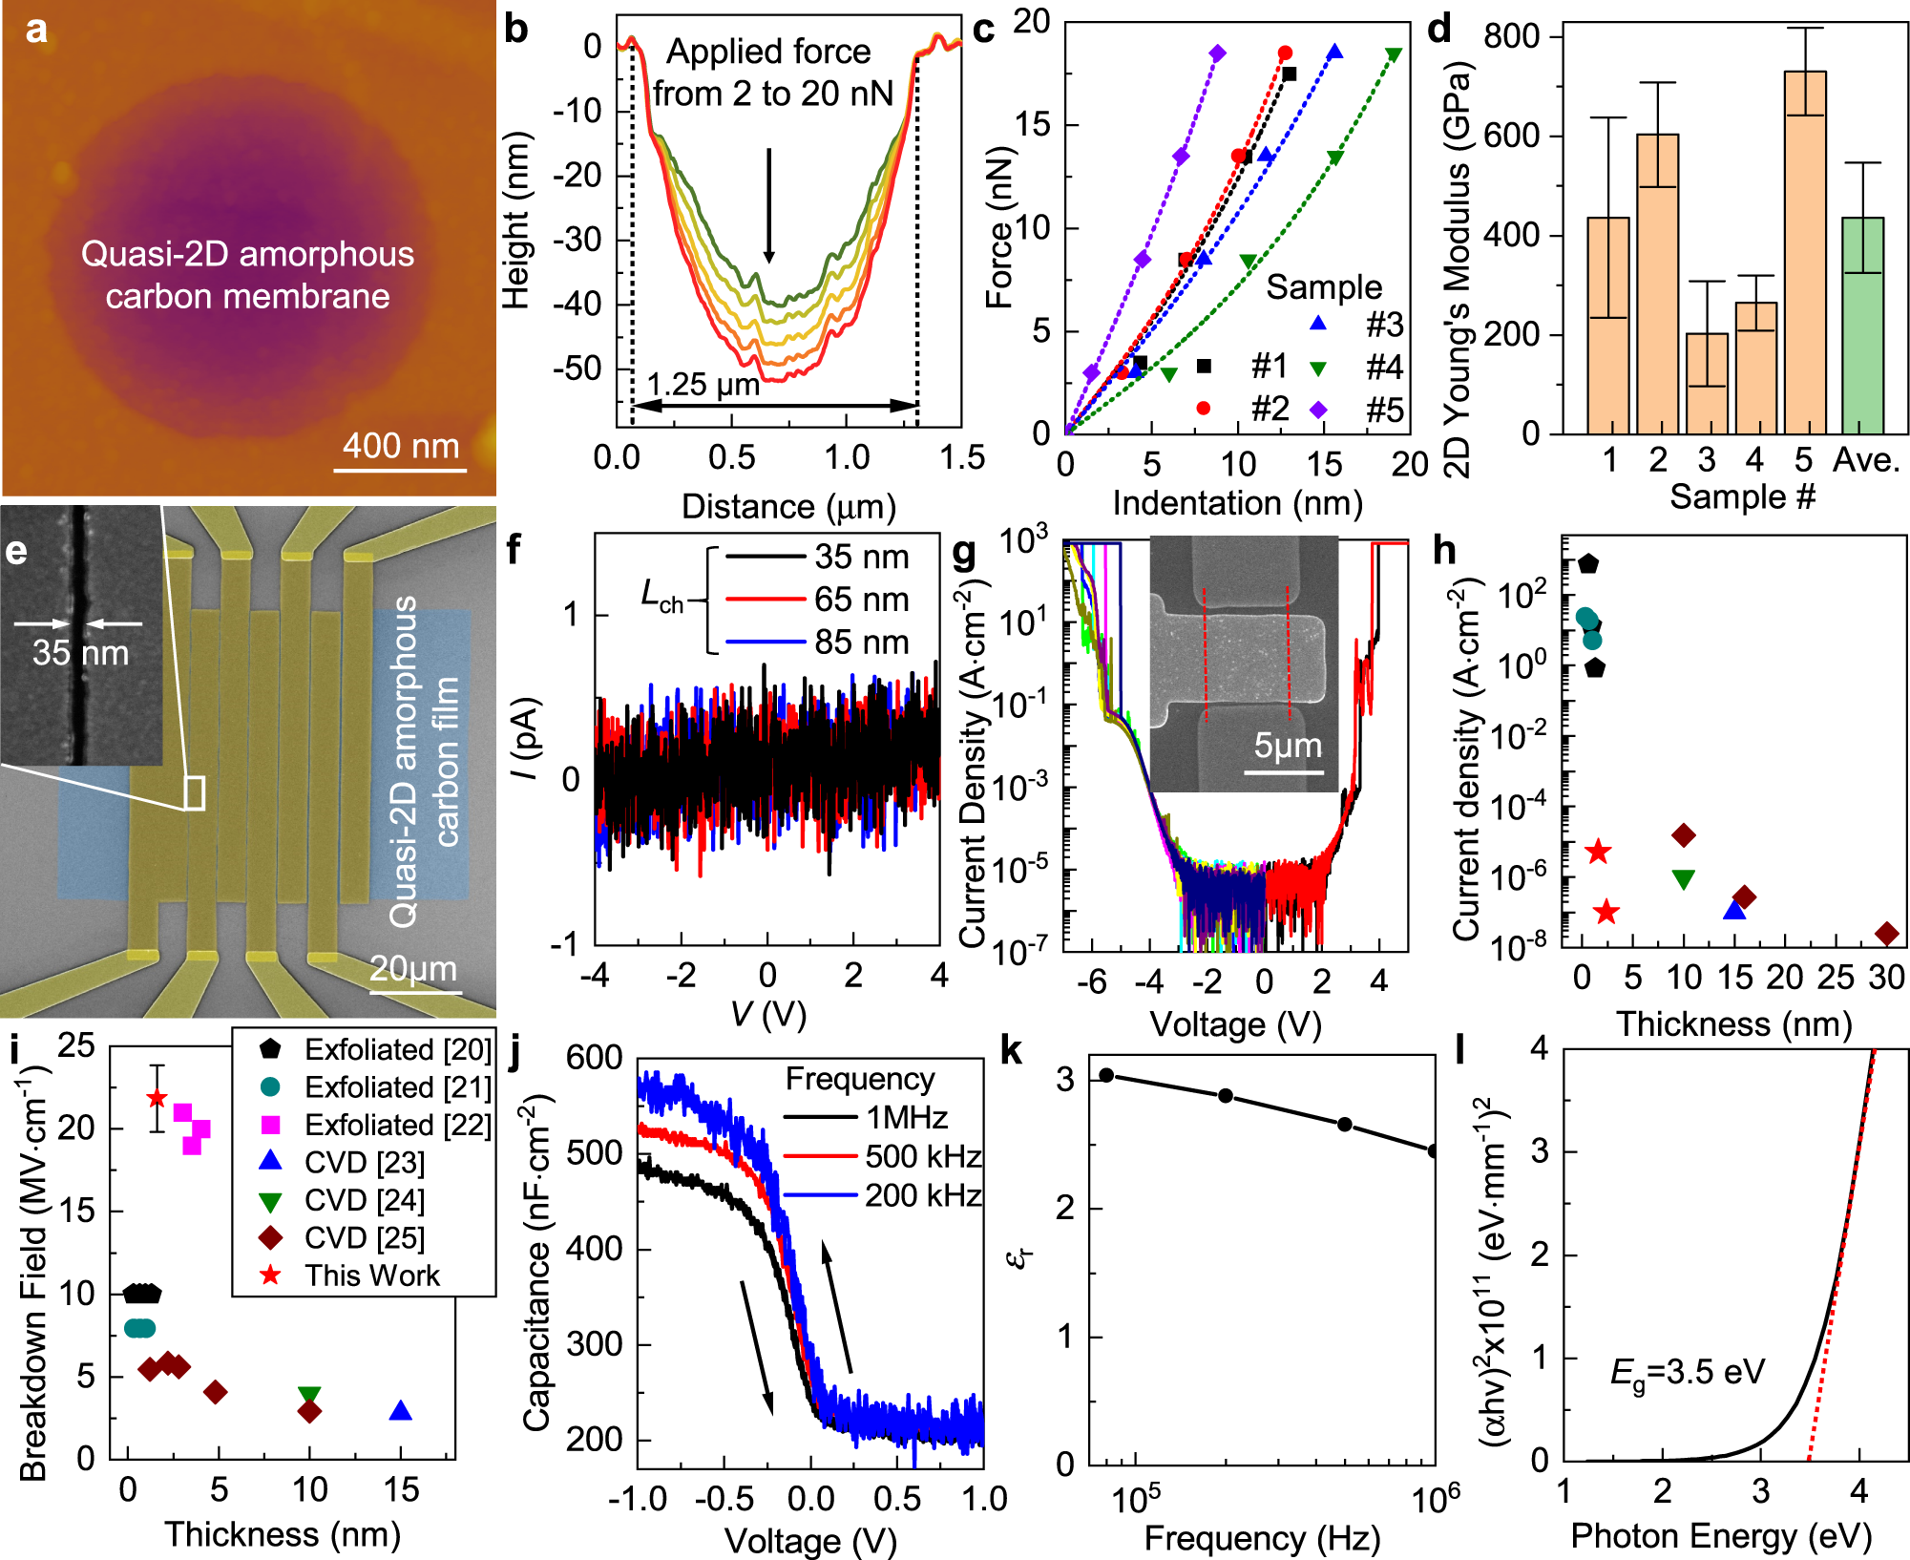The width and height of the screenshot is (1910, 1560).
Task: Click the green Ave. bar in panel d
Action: tap(1862, 325)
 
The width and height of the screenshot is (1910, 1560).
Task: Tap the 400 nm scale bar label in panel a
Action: tap(401, 446)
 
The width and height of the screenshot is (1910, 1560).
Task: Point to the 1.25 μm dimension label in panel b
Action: tap(703, 385)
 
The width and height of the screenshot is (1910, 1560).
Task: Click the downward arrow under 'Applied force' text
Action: tap(768, 205)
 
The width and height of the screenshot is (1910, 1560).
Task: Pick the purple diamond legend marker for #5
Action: tap(1318, 410)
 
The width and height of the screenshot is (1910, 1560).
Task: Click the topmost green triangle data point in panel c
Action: tap(1394, 54)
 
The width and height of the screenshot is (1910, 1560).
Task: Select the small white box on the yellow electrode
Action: tap(194, 793)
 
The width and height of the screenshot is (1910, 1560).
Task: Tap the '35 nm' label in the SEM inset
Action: tap(80, 653)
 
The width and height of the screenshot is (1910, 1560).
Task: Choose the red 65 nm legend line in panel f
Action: tap(765, 600)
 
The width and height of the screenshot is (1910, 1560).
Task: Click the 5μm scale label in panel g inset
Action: tap(1288, 746)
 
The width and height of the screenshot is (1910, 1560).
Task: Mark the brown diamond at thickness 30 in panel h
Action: tap(1886, 934)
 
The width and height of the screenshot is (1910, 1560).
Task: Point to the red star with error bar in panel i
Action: tap(157, 1099)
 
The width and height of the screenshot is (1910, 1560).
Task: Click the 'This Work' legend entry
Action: tap(371, 1275)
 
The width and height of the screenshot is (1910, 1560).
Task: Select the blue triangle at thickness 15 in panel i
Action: tap(401, 1411)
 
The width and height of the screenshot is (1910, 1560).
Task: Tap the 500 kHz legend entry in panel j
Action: tap(922, 1157)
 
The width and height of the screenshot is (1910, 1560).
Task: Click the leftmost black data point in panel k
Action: tap(1106, 1075)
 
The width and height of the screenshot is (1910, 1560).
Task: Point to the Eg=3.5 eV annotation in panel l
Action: tap(1687, 1373)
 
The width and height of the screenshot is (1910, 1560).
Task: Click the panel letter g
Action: tap(964, 551)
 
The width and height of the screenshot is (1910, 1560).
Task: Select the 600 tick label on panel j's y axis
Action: tap(594, 1058)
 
